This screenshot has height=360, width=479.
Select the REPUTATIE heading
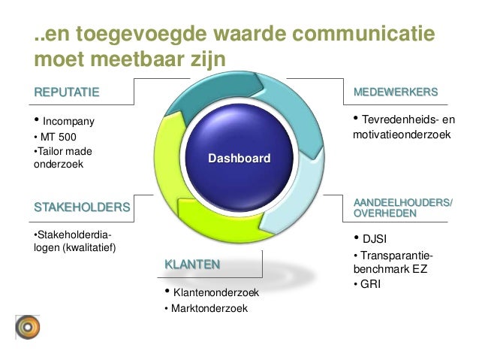point(66,92)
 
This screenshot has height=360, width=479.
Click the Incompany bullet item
point(65,120)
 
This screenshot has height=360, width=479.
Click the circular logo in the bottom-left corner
point(27,327)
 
